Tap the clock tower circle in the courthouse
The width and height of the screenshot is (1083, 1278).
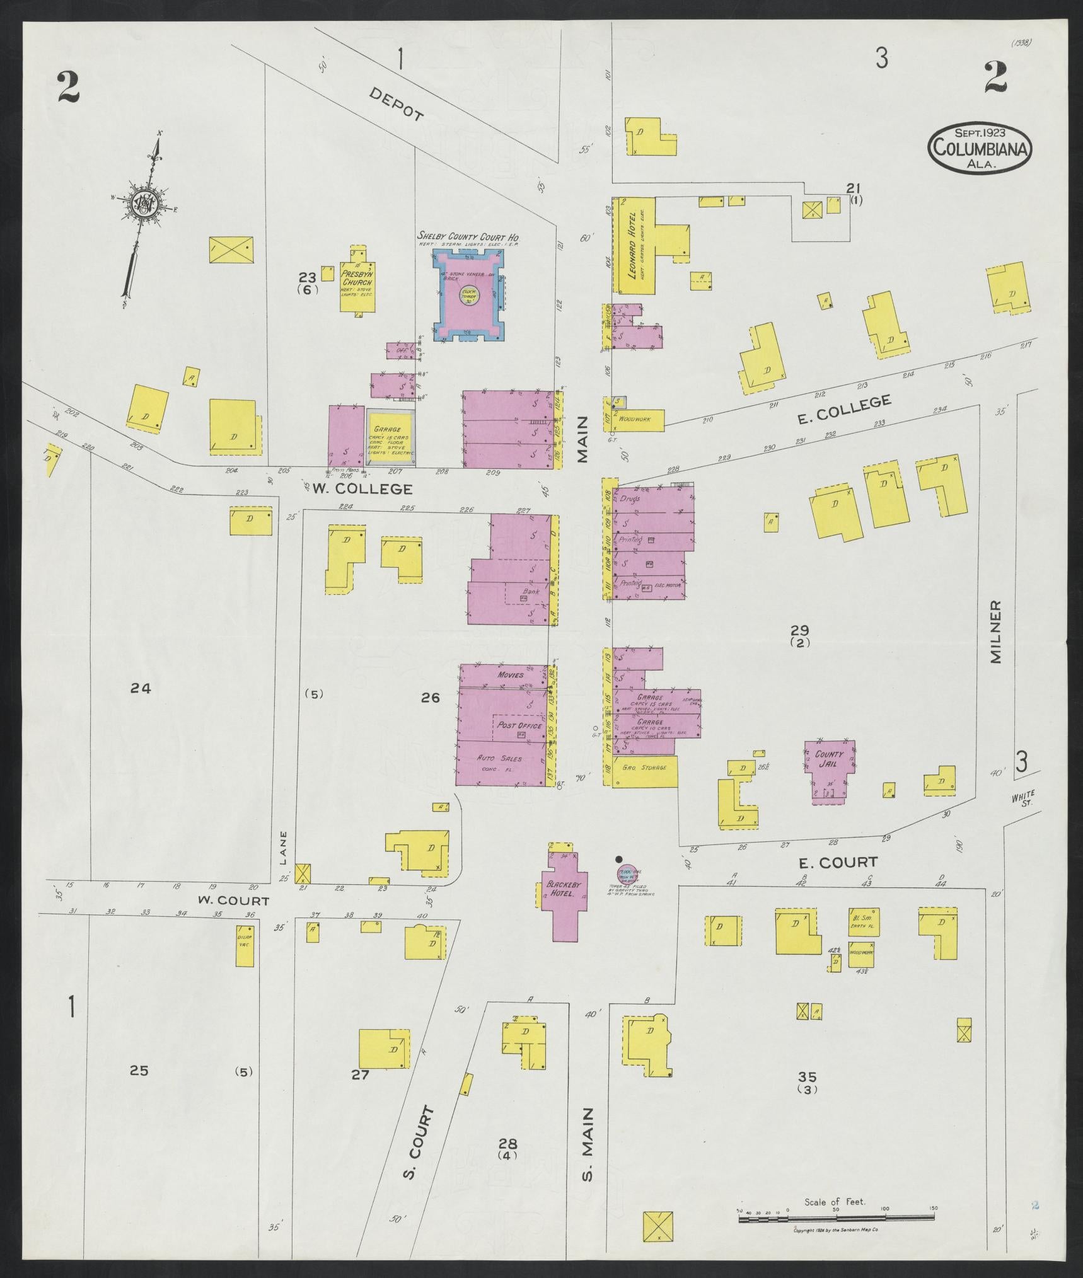(469, 296)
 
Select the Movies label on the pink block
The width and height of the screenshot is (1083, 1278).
(510, 674)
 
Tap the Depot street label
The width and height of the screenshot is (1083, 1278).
(395, 103)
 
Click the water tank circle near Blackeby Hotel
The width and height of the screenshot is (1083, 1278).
(627, 874)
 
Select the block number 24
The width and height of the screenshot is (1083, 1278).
(141, 689)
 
